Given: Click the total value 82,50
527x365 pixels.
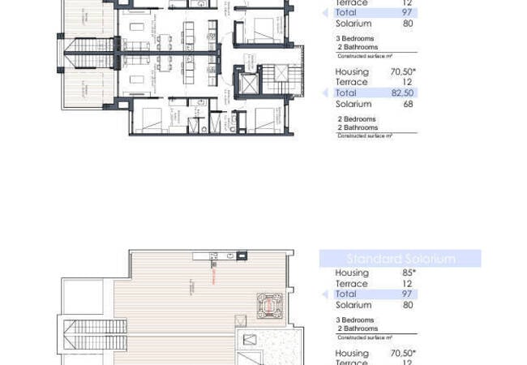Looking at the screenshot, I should coord(403,93).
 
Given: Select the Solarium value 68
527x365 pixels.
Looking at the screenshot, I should coord(408,104).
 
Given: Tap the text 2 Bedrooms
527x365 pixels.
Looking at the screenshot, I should coord(356,118).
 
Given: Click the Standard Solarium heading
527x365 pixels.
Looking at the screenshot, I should coord(401,259).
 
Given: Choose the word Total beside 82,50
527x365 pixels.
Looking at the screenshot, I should coord(346,93).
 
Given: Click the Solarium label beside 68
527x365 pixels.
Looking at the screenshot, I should coord(353,104).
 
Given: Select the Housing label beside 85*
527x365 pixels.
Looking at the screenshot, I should coord(352,273).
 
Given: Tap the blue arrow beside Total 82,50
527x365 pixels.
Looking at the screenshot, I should coord(326,93).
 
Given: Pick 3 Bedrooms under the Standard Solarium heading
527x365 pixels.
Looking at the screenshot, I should coord(356,320).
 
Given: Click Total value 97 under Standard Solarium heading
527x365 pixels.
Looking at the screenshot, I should coord(408,294).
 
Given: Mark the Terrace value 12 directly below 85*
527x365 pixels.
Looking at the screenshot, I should coord(408,284).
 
